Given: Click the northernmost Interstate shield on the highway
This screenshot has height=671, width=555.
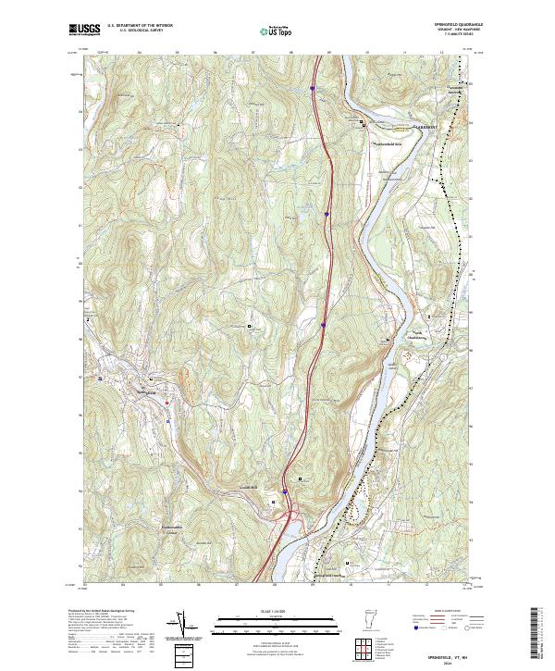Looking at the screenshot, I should pyautogui.click(x=312, y=89).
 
